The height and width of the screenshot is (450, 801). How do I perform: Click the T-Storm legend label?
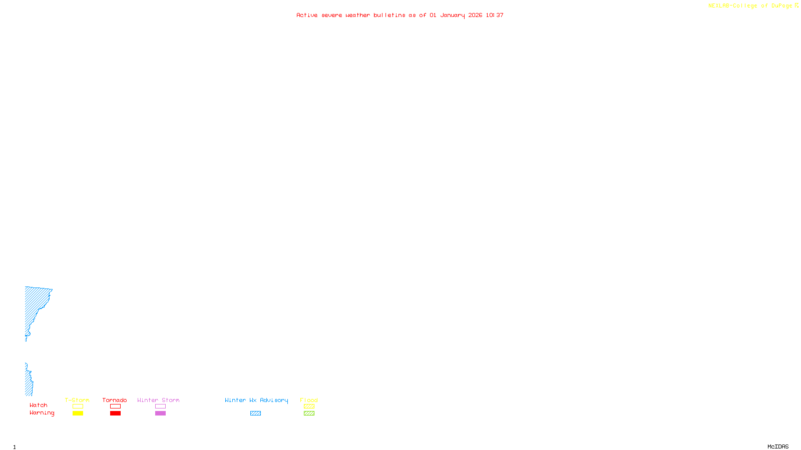(x=77, y=400)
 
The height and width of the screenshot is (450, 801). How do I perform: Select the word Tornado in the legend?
(x=115, y=400)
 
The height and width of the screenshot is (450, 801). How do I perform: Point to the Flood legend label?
(x=309, y=400)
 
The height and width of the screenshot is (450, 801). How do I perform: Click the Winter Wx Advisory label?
(x=256, y=400)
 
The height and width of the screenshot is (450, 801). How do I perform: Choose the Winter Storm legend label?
(x=158, y=400)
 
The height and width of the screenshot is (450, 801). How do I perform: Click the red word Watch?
(x=39, y=405)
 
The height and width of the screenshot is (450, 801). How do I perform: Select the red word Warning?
(x=42, y=413)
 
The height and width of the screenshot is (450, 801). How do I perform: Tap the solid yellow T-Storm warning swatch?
(x=78, y=413)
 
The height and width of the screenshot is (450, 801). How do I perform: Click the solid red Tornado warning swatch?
(x=115, y=413)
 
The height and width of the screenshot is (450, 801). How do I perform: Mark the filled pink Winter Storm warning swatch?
(x=160, y=413)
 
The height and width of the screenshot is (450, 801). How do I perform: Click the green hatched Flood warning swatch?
(x=309, y=413)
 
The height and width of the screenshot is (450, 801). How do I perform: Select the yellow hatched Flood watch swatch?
(x=309, y=406)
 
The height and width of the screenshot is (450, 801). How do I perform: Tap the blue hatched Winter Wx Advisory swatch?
(x=255, y=413)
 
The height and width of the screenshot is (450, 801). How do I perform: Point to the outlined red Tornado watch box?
(x=115, y=406)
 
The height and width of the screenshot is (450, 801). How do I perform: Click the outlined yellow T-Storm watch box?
(x=78, y=406)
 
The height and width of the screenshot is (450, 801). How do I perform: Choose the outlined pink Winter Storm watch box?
(x=160, y=406)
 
